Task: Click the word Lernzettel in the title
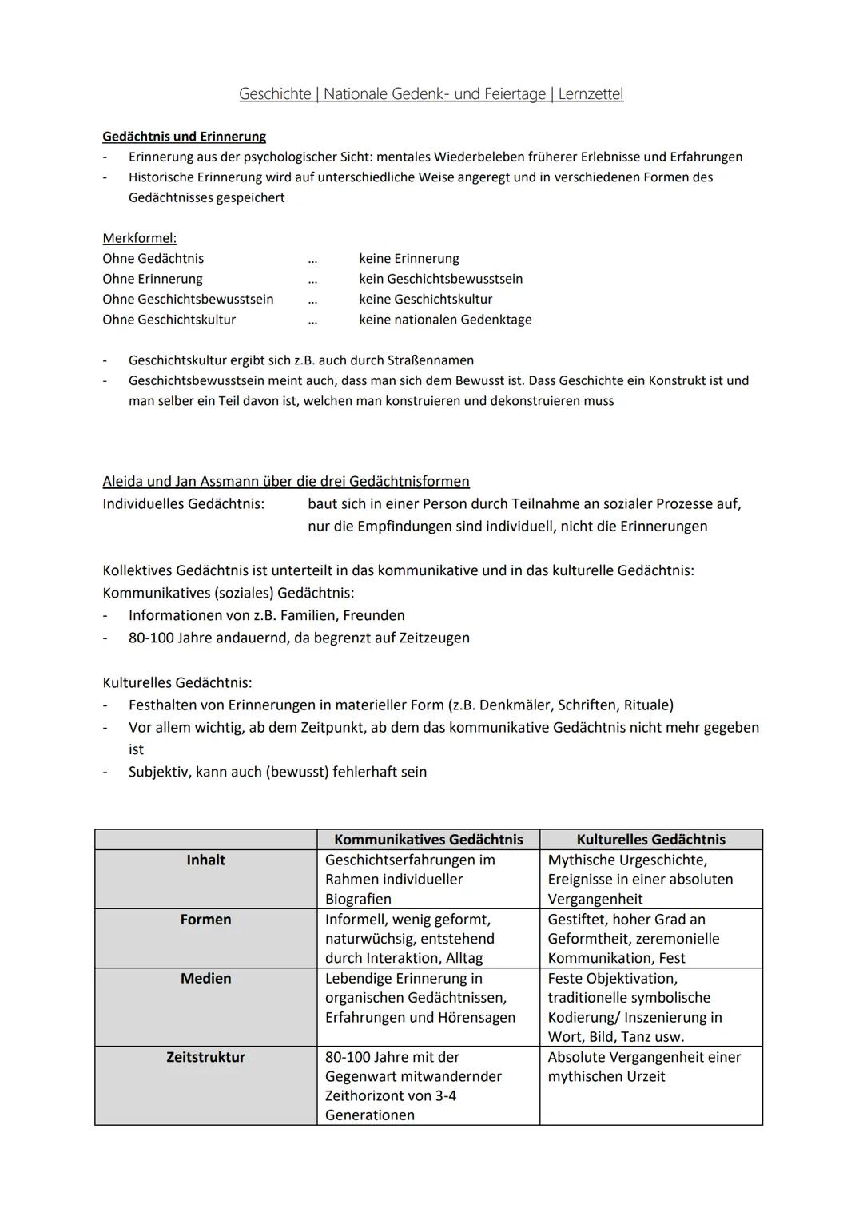pos(591,94)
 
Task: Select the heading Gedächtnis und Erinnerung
pos(184,137)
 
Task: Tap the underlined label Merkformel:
pos(139,238)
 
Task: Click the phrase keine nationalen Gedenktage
pos(445,320)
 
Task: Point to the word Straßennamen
pos(435,360)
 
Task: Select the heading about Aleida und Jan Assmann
pos(285,481)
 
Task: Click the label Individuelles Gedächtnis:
pos(183,504)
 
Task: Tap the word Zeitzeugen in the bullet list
pos(433,638)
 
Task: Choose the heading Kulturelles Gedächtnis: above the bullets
pos(177,682)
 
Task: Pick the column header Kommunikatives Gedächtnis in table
pos(428,839)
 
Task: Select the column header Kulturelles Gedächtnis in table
pos(650,839)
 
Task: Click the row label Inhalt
pos(205,860)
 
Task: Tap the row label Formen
pos(205,920)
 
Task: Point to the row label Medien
pos(205,979)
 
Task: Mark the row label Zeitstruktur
pos(205,1057)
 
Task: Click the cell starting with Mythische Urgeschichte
pos(639,879)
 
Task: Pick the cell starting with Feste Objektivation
pos(634,1007)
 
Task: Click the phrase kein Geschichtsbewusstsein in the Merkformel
pos(440,279)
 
